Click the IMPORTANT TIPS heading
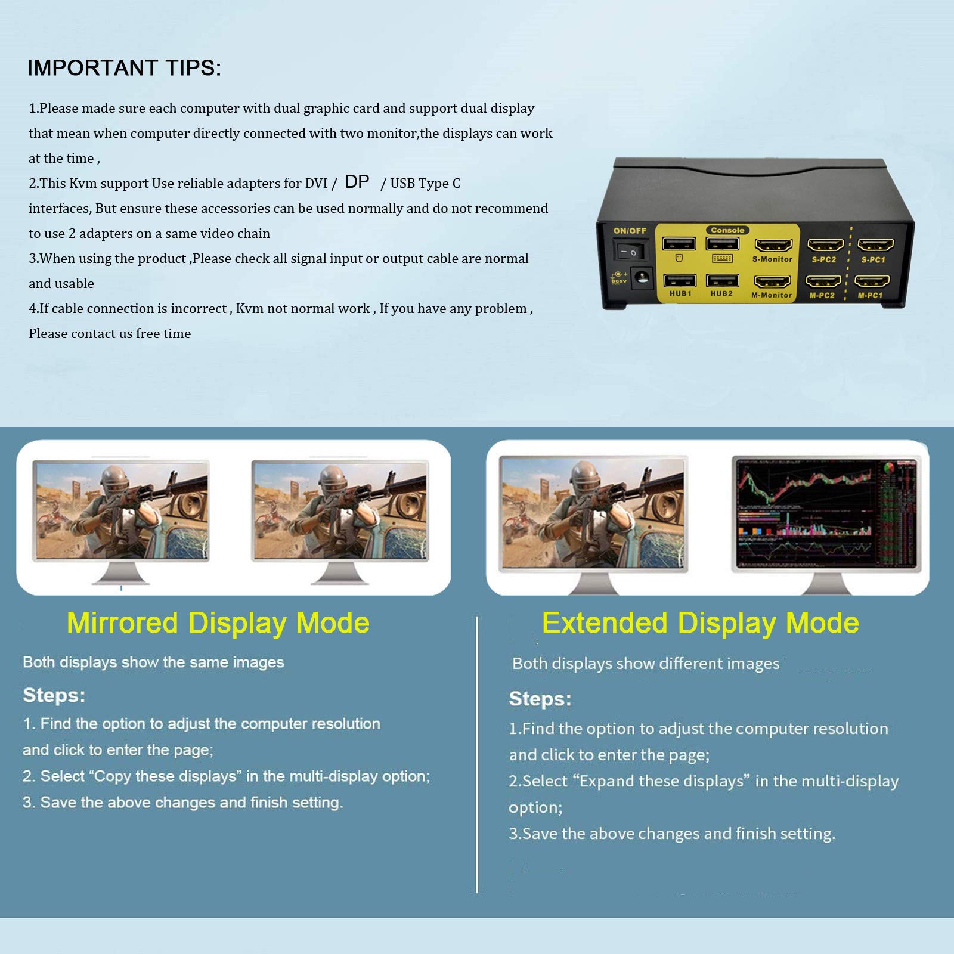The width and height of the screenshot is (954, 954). click(x=124, y=68)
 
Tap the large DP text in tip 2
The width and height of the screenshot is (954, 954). click(x=357, y=181)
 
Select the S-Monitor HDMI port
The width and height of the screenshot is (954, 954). click(x=773, y=245)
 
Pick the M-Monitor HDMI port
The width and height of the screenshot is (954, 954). click(x=772, y=281)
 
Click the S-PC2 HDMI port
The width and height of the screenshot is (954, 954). click(x=825, y=245)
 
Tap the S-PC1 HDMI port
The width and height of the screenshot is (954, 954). click(x=875, y=245)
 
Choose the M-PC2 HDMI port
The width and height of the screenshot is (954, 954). click(x=823, y=281)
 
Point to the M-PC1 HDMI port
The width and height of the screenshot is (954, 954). click(x=872, y=281)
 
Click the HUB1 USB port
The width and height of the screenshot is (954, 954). click(x=680, y=280)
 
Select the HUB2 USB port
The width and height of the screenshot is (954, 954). click(x=722, y=280)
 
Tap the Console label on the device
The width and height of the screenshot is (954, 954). click(x=727, y=230)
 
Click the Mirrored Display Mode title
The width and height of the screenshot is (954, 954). click(x=218, y=623)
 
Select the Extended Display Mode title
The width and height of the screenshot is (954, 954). click(x=700, y=623)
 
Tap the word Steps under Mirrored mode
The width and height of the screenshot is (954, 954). click(x=54, y=695)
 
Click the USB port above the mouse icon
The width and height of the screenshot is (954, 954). click(x=679, y=243)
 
